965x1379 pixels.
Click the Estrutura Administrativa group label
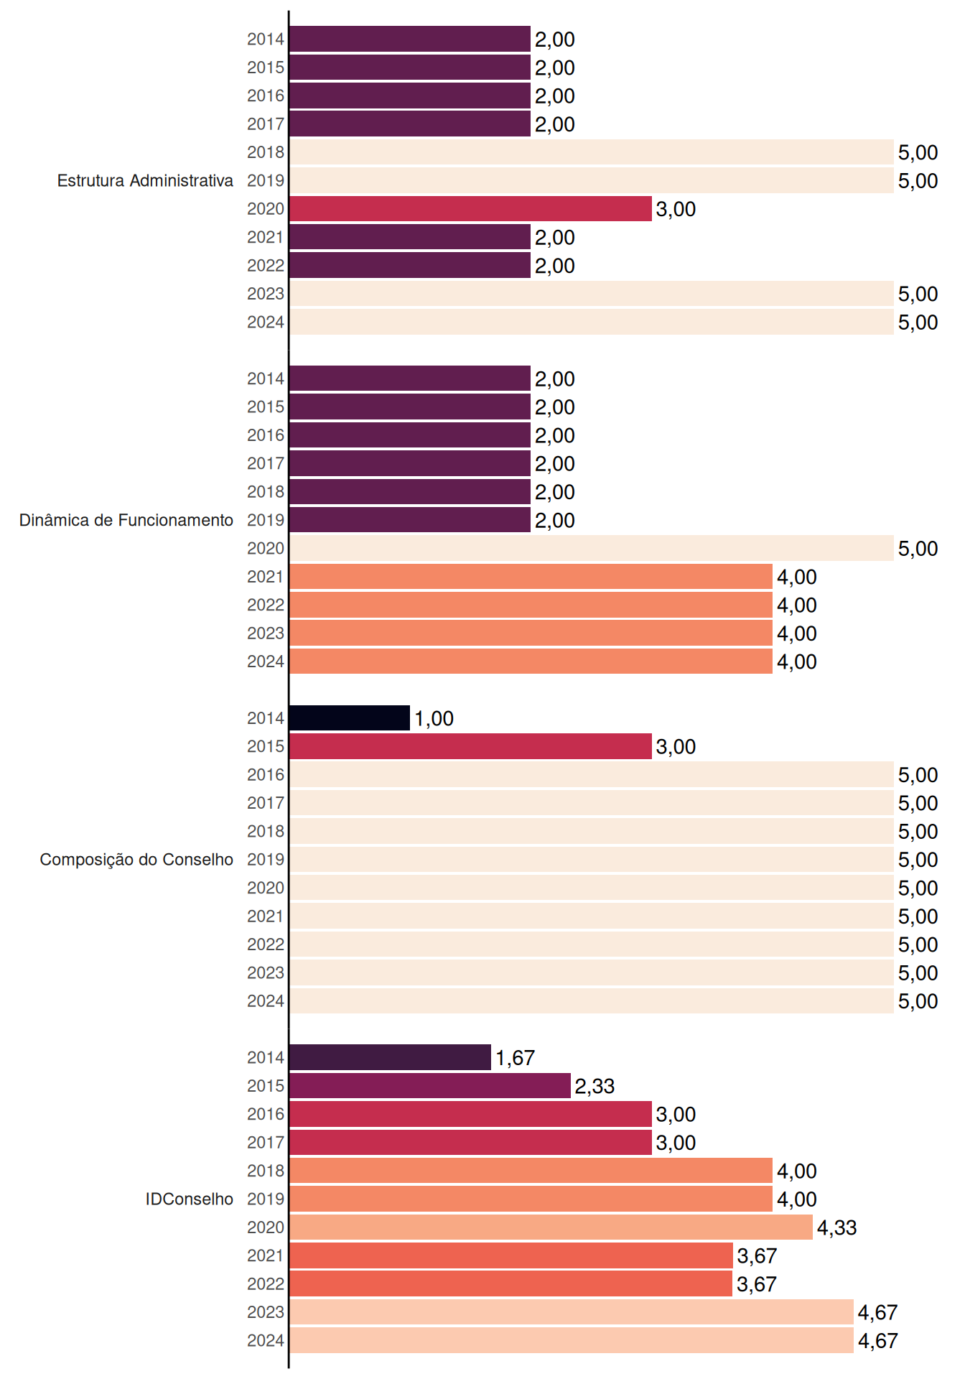[x=145, y=180]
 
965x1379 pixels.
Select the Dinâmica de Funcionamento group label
[x=126, y=520]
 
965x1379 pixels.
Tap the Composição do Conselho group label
[x=136, y=860]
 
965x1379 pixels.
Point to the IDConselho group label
[x=190, y=1199]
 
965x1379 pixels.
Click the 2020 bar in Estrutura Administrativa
[x=470, y=209]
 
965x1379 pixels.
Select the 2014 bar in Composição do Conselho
[x=350, y=718]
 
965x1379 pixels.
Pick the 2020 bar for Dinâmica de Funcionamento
[x=592, y=548]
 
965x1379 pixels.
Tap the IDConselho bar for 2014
[x=390, y=1057]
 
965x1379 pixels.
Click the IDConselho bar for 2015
[x=430, y=1086]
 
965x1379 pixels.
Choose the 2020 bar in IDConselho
[x=551, y=1227]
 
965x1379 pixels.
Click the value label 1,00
[x=434, y=718]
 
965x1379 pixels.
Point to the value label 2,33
[x=595, y=1086]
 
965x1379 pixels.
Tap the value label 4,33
[x=837, y=1227]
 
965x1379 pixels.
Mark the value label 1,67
[x=515, y=1057]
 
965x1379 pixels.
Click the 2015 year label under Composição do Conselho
[x=266, y=746]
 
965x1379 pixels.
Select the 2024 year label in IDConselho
[x=266, y=1340]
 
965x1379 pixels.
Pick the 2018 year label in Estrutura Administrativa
[x=266, y=152]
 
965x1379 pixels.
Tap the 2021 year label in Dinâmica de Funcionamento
[x=266, y=577]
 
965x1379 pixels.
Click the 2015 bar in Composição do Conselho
[x=470, y=746]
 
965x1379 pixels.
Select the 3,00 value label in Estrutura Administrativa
[x=676, y=209]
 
